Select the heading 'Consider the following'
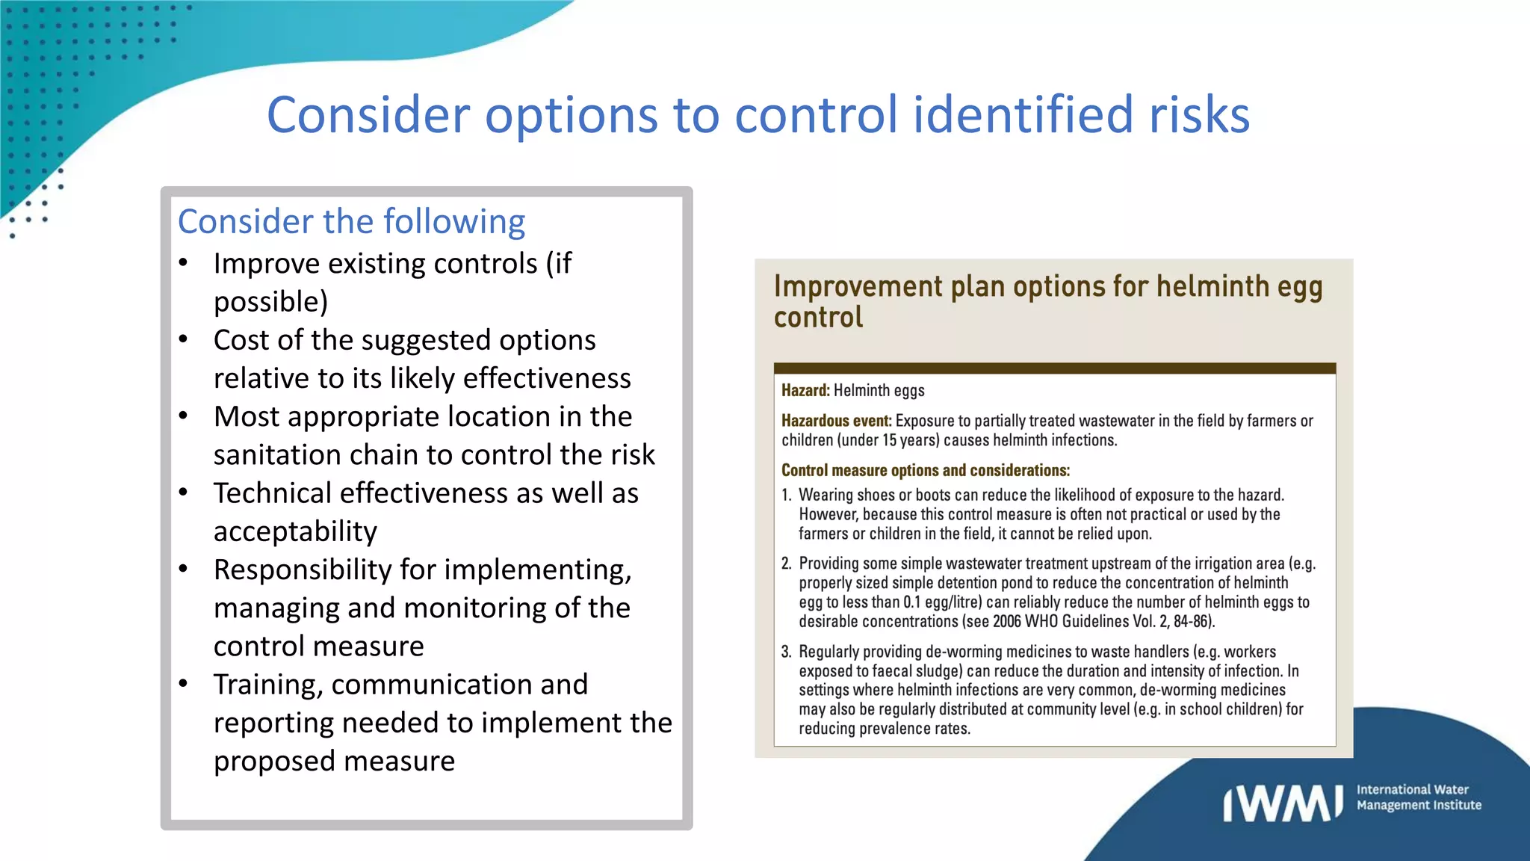click(x=351, y=222)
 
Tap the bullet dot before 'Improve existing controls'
click(x=184, y=263)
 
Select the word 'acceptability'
click(x=295, y=531)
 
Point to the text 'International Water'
click(x=1412, y=789)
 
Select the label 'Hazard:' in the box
click(x=805, y=390)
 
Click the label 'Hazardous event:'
click(x=836, y=421)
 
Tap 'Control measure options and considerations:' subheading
click(x=925, y=470)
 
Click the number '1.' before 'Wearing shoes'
click(x=786, y=495)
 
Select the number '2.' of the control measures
click(x=786, y=564)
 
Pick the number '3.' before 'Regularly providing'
click(x=786, y=652)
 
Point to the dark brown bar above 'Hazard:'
click(x=1054, y=368)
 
